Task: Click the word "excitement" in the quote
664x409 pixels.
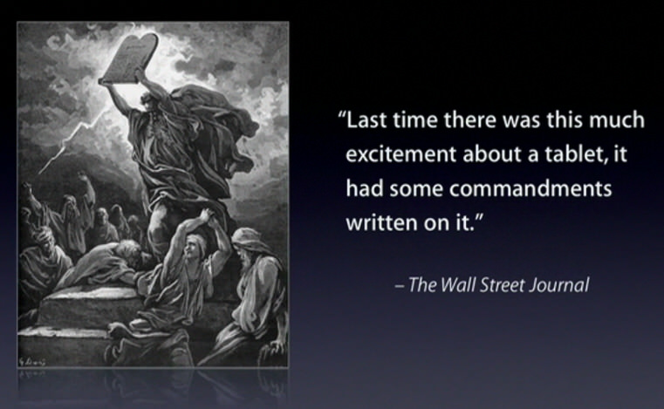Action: click(x=401, y=153)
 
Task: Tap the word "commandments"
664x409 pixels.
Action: click(x=531, y=188)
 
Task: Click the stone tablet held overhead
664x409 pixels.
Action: click(x=128, y=58)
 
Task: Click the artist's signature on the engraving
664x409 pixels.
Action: click(x=32, y=361)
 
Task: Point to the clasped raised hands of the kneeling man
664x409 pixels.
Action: click(x=206, y=215)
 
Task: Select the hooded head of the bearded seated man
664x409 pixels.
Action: click(x=248, y=245)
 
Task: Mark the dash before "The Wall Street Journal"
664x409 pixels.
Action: click(x=399, y=286)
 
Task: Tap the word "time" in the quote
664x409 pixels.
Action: click(x=414, y=119)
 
